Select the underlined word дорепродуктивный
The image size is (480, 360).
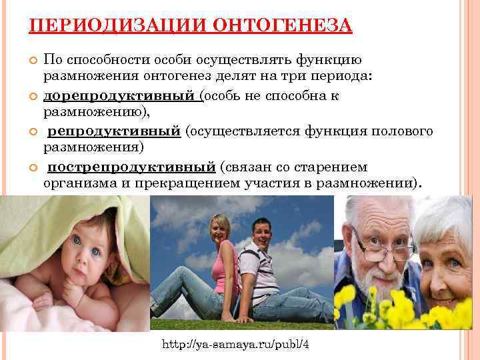(119, 95)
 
